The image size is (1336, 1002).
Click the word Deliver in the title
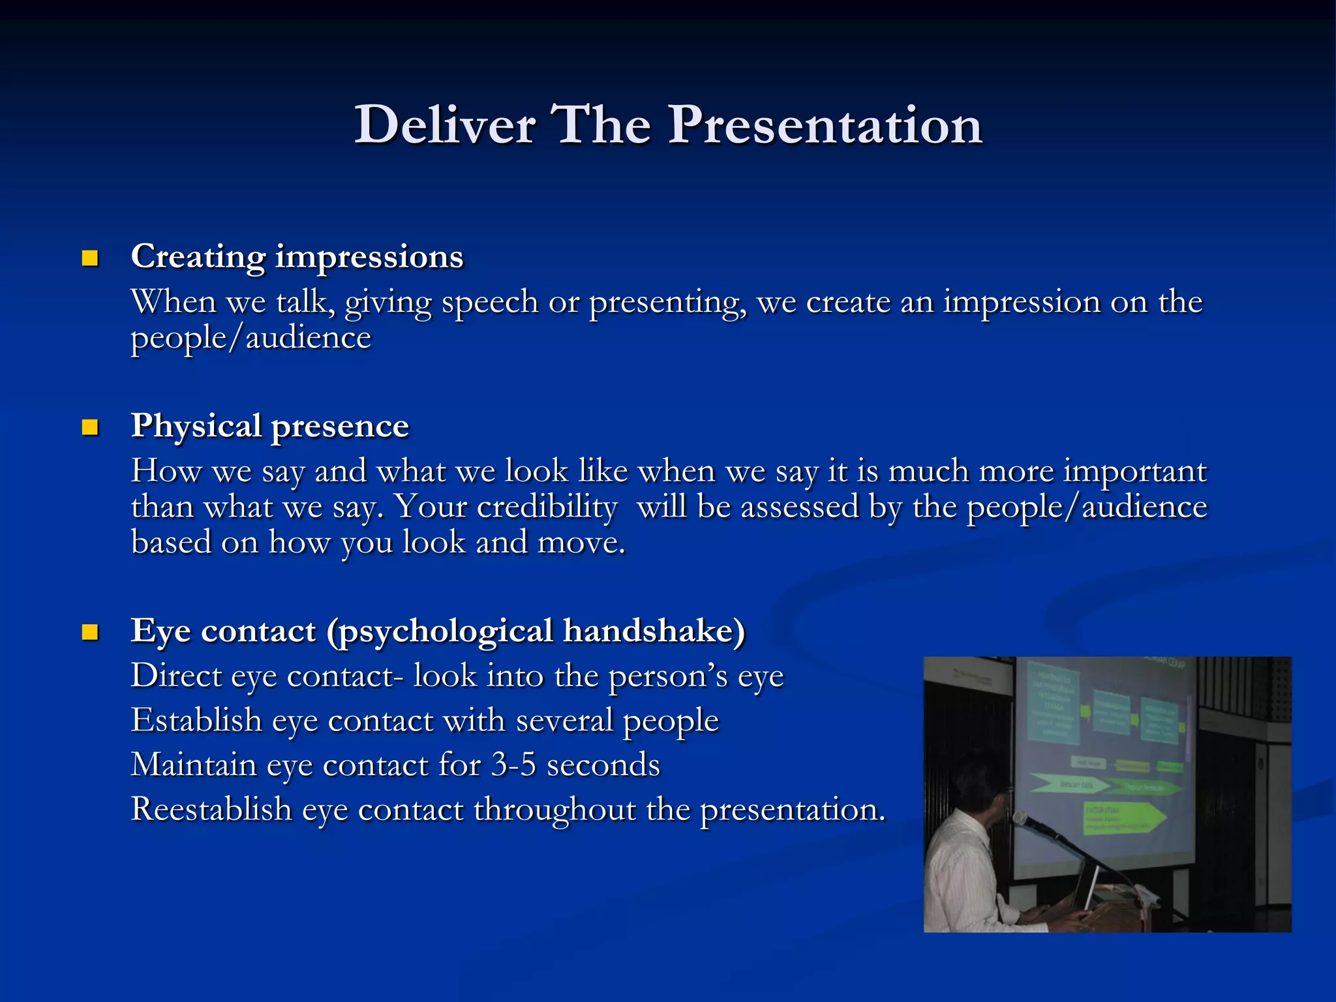click(445, 125)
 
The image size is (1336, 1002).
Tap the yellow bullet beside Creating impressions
click(90, 258)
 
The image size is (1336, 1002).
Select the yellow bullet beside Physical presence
click(90, 427)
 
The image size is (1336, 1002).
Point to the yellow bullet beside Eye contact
click(90, 631)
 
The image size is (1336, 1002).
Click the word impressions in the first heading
click(369, 257)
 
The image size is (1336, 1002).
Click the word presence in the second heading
click(339, 427)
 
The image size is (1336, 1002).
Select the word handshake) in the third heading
click(654, 631)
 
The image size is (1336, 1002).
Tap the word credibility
click(547, 507)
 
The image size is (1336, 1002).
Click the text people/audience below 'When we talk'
click(251, 338)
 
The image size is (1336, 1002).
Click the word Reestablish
click(211, 809)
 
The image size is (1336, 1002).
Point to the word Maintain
click(194, 765)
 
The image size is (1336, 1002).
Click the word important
click(1135, 471)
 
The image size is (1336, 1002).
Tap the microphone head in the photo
click(1020, 819)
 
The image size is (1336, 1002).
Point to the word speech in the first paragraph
click(489, 302)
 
